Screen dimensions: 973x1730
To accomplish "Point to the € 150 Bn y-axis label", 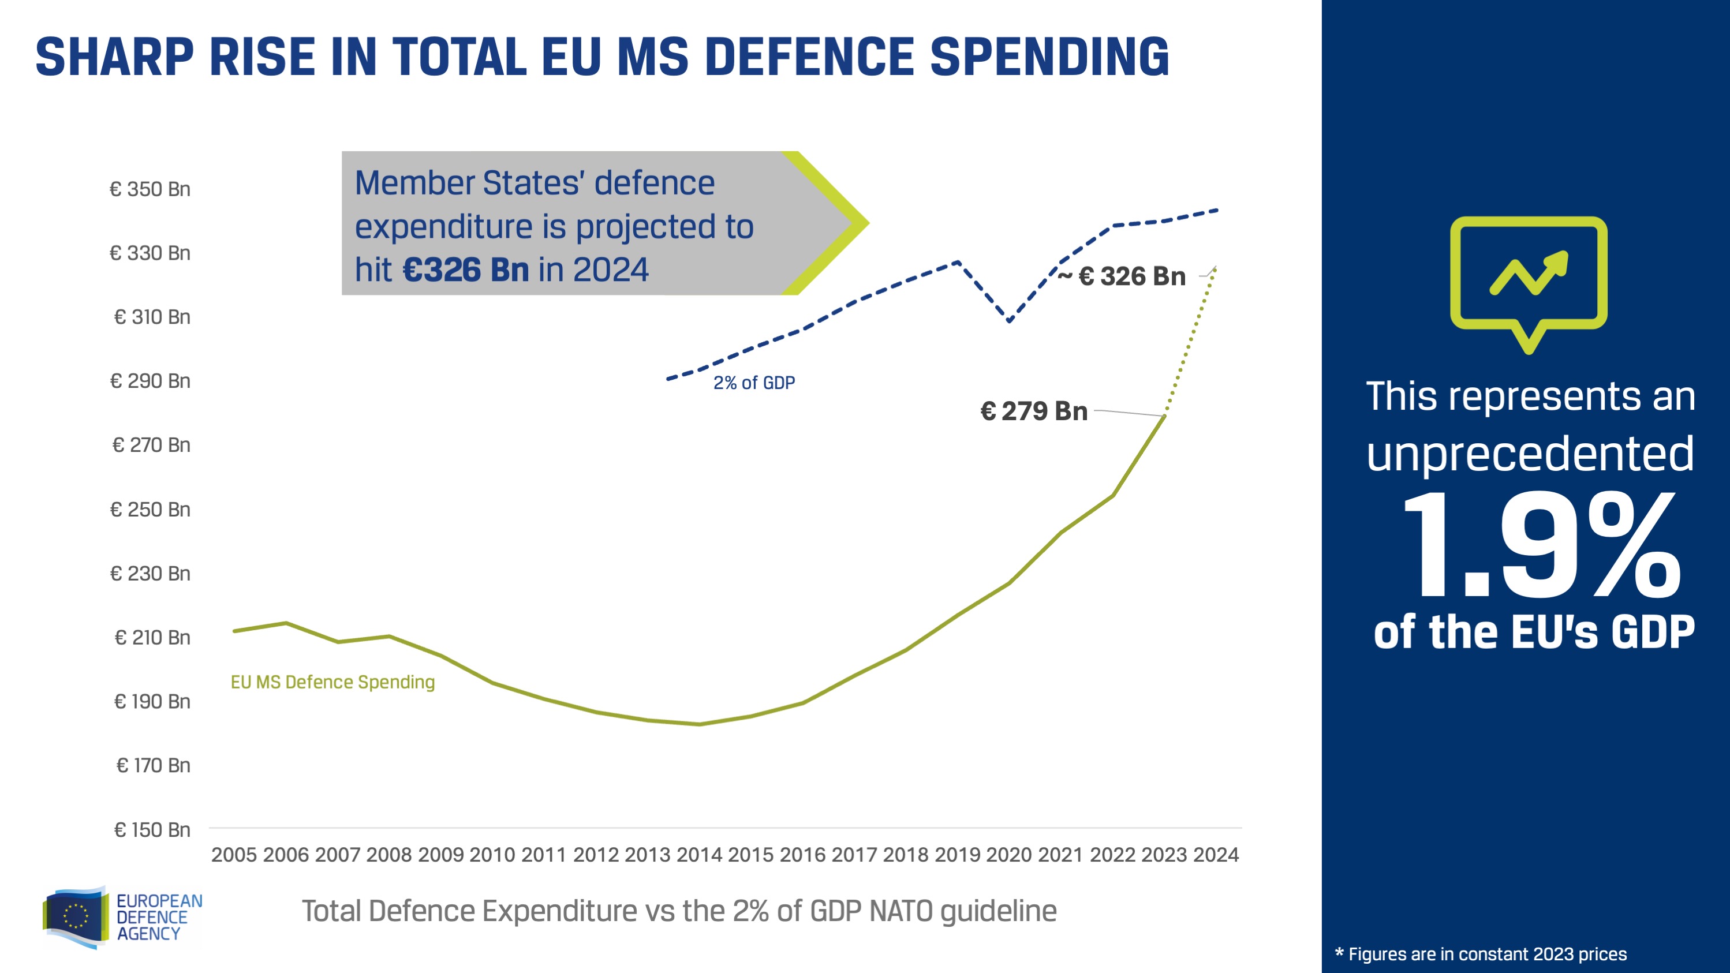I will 152,830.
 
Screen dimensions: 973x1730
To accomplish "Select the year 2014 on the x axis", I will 699,855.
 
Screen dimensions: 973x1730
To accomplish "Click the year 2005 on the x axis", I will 234,855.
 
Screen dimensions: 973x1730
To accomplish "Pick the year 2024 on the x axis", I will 1216,855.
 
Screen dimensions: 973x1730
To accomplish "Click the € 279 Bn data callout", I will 1034,411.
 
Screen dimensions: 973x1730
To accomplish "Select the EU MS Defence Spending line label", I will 332,682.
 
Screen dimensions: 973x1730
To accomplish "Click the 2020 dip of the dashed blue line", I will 1008,320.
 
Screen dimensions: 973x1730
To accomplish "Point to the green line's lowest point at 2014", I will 699,724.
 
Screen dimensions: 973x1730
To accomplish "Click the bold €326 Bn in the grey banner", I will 465,270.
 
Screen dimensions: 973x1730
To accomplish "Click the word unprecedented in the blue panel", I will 1530,454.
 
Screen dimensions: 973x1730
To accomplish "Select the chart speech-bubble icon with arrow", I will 1529,282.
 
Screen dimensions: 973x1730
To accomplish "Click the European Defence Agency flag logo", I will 76,916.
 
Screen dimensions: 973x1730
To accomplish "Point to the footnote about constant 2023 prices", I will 1481,954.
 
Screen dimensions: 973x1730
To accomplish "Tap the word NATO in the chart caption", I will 901,911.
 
